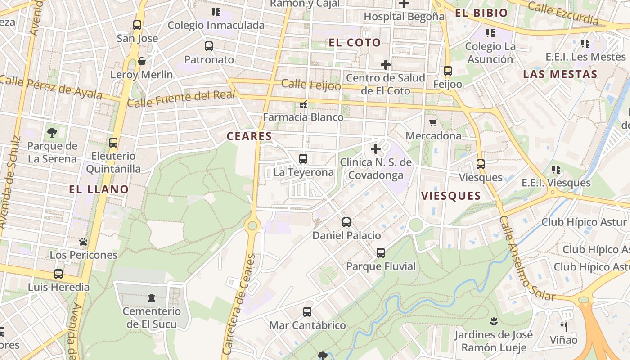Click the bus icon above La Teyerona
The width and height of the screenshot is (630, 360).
(303, 158)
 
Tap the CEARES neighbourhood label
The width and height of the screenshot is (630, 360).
(249, 136)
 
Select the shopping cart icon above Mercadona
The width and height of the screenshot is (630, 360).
(433, 122)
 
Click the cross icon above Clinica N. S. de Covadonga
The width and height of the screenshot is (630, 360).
(376, 149)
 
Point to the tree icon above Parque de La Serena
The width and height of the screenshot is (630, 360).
(52, 132)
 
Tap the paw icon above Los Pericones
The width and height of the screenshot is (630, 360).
(83, 242)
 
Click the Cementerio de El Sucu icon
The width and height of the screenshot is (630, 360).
(152, 297)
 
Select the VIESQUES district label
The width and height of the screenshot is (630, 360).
(451, 196)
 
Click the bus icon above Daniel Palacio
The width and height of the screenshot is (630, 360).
(346, 222)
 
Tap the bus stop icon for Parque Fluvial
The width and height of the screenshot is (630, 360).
(381, 253)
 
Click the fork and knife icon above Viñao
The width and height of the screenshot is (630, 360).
(563, 326)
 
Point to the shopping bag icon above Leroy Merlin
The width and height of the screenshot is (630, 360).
(142, 61)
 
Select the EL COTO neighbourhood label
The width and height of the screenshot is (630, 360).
(355, 43)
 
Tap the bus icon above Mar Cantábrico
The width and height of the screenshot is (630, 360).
(307, 311)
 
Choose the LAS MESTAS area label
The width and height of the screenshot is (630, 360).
(560, 74)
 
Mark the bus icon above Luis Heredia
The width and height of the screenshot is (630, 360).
(58, 274)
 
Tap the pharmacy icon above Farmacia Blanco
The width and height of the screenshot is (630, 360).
(303, 104)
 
